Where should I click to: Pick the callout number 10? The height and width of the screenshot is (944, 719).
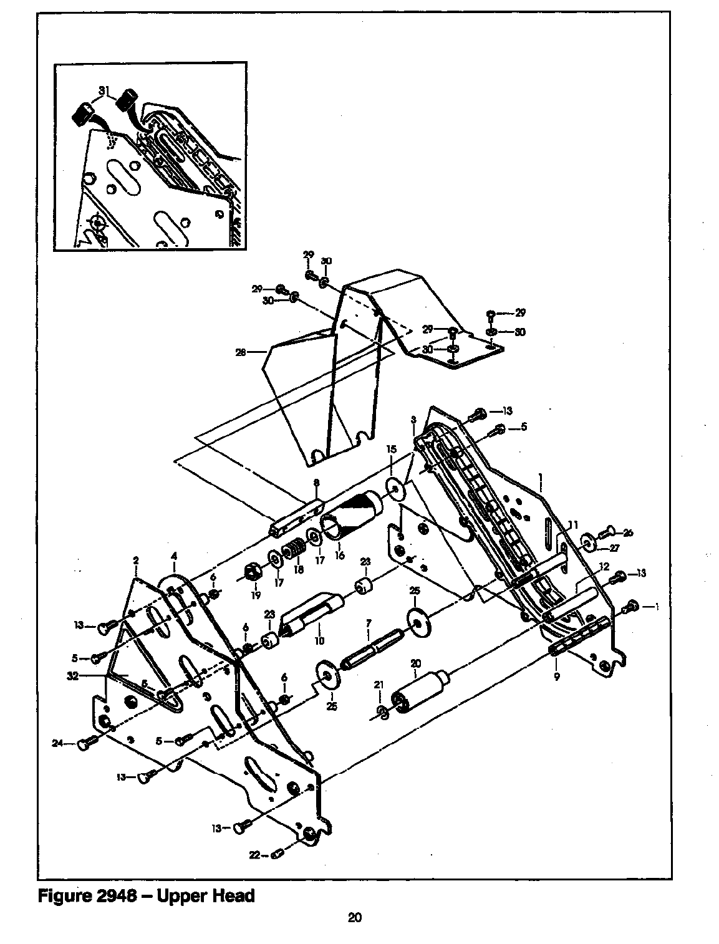(x=321, y=640)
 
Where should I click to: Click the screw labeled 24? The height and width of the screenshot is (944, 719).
(x=84, y=744)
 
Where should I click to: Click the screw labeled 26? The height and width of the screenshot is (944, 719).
(x=607, y=532)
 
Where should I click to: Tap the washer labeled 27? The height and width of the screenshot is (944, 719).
(x=589, y=541)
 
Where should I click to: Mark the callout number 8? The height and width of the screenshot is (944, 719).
(x=316, y=483)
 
